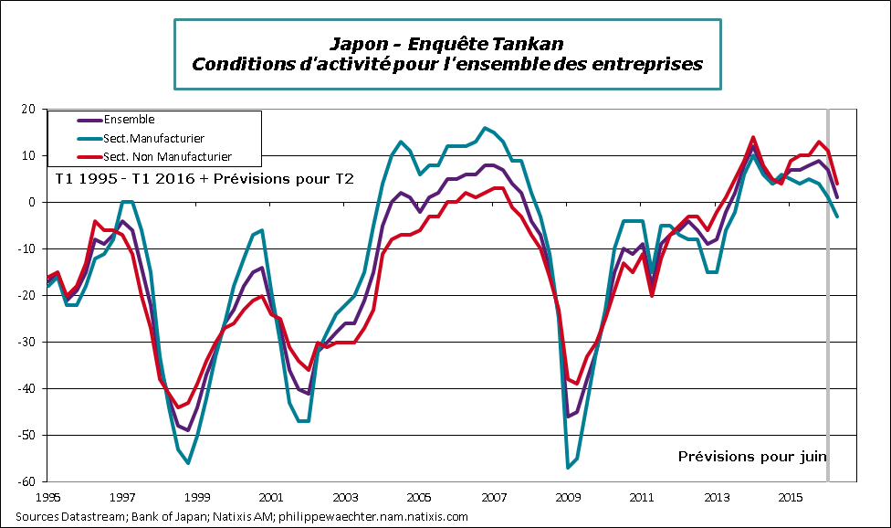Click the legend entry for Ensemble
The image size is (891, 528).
tap(129, 120)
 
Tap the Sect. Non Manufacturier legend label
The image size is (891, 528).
tap(168, 157)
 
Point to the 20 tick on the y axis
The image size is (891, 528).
tap(27, 110)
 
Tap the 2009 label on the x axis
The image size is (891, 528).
tap(568, 498)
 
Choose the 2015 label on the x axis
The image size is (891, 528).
tap(791, 498)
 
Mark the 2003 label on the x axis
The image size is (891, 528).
tap(345, 498)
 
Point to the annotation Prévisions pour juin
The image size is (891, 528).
tap(753, 456)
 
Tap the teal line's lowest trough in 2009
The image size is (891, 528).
tap(568, 468)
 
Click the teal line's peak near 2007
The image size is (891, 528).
tap(484, 128)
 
